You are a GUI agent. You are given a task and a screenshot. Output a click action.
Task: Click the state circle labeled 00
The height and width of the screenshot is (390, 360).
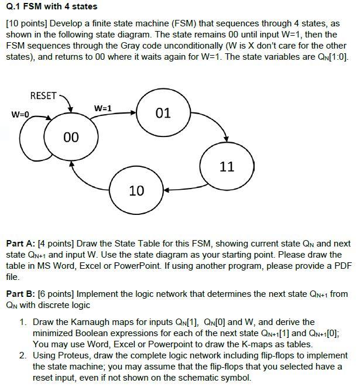click(70, 136)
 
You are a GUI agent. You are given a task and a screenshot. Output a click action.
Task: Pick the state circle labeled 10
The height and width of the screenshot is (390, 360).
click(136, 190)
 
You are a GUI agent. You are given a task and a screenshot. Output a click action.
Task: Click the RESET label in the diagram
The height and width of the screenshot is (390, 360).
click(43, 96)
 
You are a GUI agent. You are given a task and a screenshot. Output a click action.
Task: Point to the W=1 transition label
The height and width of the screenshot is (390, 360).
click(102, 108)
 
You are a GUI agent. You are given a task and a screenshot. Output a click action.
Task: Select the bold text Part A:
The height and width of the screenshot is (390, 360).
click(22, 244)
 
